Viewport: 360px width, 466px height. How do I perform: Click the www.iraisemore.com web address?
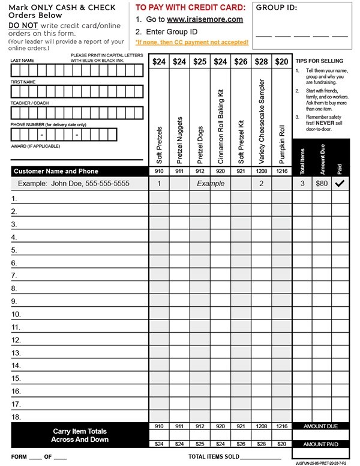tap(205, 19)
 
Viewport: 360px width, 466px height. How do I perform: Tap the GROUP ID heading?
tap(277, 8)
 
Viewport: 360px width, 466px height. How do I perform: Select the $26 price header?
tap(241, 61)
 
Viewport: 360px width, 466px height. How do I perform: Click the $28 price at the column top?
tap(261, 61)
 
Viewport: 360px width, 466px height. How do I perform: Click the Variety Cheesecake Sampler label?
tap(261, 120)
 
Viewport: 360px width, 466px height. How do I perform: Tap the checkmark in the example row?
tap(340, 184)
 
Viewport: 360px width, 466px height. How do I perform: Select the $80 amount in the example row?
tap(322, 184)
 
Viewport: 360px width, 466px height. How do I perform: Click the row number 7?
tap(15, 276)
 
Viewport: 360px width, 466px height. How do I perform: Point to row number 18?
tap(17, 417)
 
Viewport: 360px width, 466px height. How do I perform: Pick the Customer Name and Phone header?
tap(56, 171)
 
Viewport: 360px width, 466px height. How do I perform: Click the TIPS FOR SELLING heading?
tap(319, 61)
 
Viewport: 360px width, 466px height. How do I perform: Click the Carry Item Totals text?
tap(80, 431)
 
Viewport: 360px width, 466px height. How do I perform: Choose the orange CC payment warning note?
tap(191, 43)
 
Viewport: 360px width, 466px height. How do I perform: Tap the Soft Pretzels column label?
tap(159, 144)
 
